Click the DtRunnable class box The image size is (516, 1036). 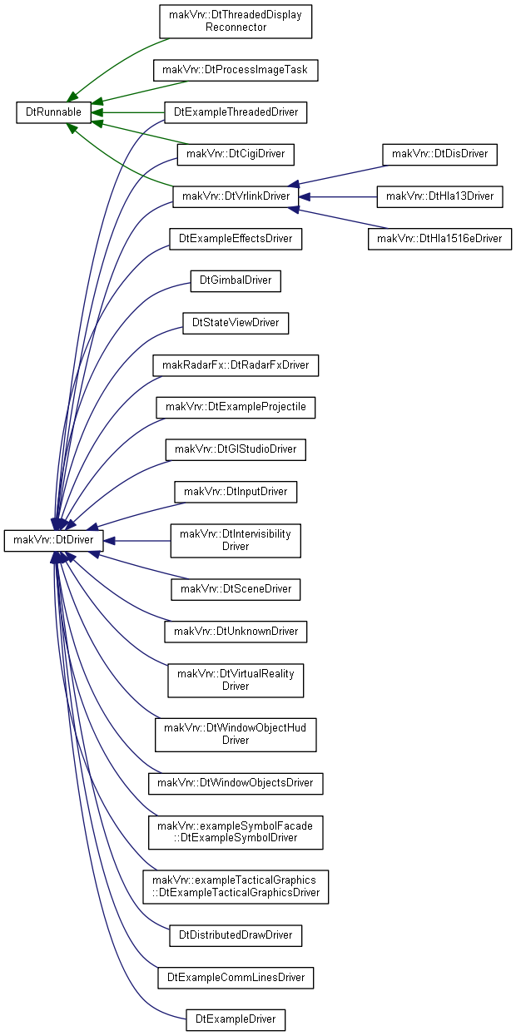pyautogui.click(x=53, y=112)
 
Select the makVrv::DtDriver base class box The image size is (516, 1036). pyautogui.click(x=53, y=540)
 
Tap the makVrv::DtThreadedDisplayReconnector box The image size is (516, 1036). pyautogui.click(x=236, y=22)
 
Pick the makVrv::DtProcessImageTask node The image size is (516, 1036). pyautogui.click(x=236, y=70)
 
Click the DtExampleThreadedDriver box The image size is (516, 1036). pyautogui.click(x=236, y=112)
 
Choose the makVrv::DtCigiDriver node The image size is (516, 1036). pyautogui.click(x=236, y=155)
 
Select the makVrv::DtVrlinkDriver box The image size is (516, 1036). pyautogui.click(x=236, y=196)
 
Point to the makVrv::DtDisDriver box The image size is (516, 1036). pyautogui.click(x=439, y=155)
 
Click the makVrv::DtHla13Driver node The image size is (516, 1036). pyautogui.click(x=439, y=196)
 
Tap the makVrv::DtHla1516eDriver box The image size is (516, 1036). pyautogui.click(x=439, y=239)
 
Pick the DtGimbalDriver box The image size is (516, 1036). pyautogui.click(x=236, y=280)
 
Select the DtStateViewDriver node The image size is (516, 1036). pyautogui.click(x=236, y=323)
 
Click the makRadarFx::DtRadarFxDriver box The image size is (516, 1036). pyautogui.click(x=236, y=365)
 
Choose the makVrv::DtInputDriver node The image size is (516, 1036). pyautogui.click(x=236, y=492)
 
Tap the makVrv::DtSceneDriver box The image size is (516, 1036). pyautogui.click(x=236, y=589)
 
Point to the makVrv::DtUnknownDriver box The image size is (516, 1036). pyautogui.click(x=236, y=632)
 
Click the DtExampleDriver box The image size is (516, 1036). pyautogui.click(x=236, y=1019)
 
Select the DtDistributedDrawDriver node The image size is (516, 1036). pyautogui.click(x=236, y=935)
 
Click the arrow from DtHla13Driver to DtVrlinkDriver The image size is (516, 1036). pyautogui.click(x=338, y=197)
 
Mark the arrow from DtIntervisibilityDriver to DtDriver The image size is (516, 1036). pyautogui.click(x=136, y=541)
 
